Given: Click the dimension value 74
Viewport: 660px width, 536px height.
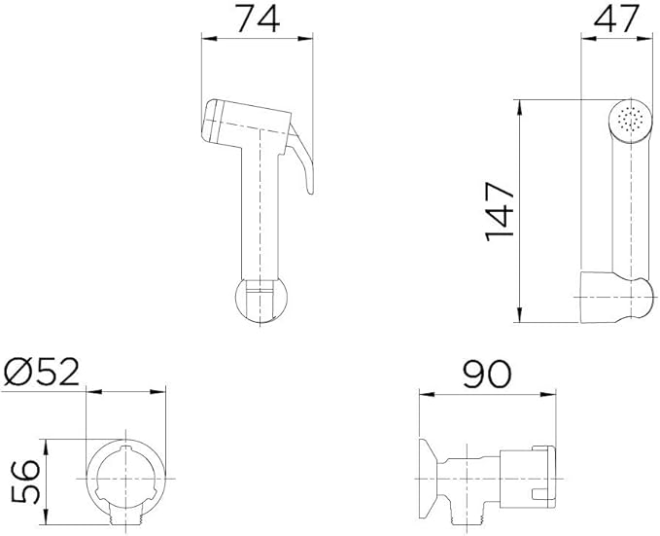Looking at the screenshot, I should tap(258, 18).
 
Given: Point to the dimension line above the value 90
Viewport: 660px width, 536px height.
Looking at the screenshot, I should tap(486, 394).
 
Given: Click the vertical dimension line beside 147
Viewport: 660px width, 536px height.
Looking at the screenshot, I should tap(523, 210).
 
